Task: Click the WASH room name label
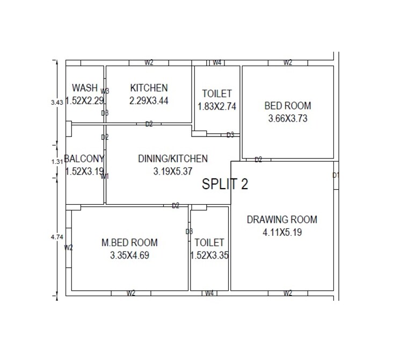85,88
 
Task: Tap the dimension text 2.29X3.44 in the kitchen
149,100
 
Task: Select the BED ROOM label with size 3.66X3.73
287,106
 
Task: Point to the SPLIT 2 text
225,184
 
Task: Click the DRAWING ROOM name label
282,219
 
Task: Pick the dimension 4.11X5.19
282,232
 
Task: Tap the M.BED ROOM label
129,243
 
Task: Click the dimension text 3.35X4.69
129,255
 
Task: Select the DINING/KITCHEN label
172,159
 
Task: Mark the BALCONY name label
84,159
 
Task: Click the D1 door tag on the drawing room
336,175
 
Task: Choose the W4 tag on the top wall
217,63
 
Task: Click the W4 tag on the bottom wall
209,293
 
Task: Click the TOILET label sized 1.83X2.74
217,94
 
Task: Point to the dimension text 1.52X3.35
209,255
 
